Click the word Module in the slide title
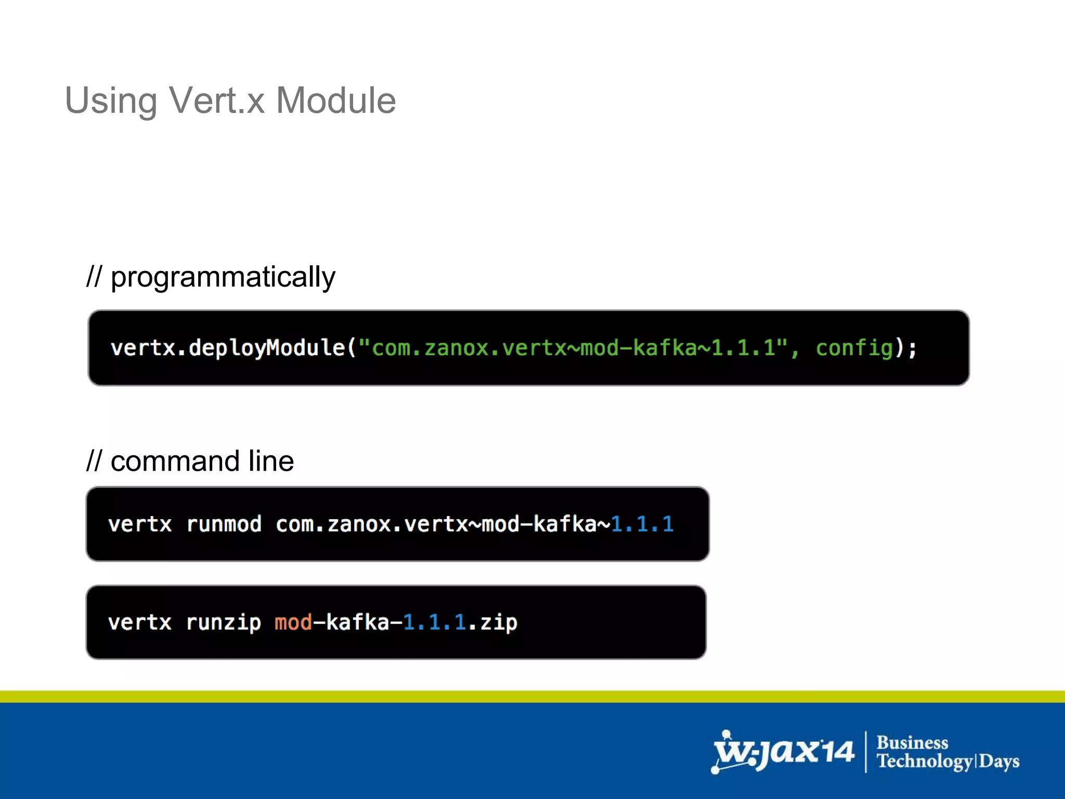[x=335, y=100]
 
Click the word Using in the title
[x=111, y=101]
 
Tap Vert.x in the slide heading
[x=217, y=100]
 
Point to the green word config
[x=854, y=348]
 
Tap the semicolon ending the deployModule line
[x=912, y=348]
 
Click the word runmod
[x=224, y=524]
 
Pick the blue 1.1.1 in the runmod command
[x=642, y=524]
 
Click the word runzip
[x=224, y=623]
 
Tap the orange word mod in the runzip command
[x=293, y=623]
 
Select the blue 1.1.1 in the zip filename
[x=435, y=623]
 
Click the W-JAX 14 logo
[x=783, y=752]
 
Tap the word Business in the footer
[x=912, y=742]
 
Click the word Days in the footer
[x=999, y=762]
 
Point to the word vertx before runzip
[x=139, y=623]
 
